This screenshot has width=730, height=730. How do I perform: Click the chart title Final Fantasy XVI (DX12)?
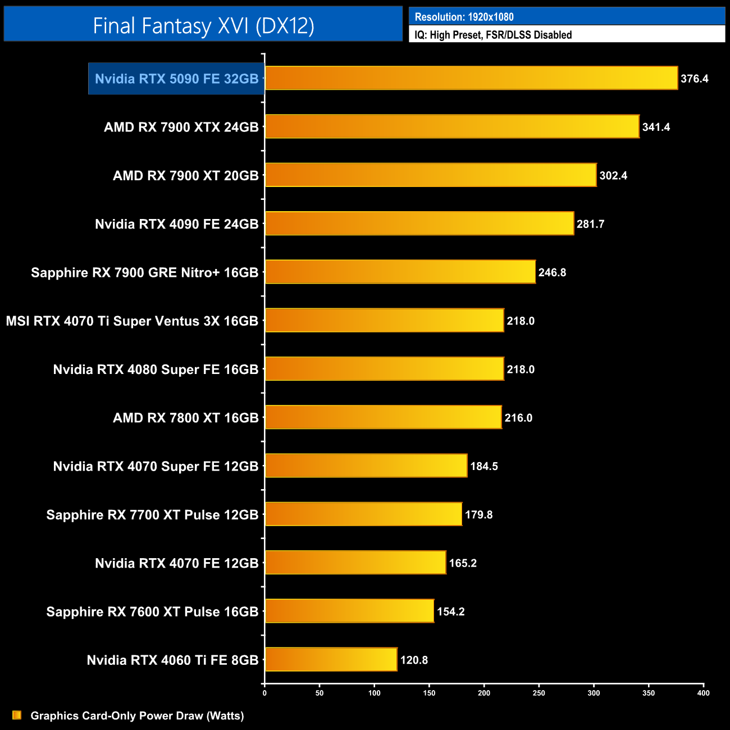tap(203, 25)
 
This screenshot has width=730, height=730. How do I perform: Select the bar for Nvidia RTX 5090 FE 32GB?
tap(471, 78)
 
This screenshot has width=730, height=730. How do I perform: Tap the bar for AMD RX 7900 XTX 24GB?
tap(452, 126)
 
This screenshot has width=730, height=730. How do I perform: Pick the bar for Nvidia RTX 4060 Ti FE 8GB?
tap(331, 659)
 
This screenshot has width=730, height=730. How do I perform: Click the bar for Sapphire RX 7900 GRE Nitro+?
tap(400, 272)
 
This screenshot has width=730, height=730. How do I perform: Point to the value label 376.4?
tap(694, 79)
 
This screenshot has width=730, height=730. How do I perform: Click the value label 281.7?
tap(590, 224)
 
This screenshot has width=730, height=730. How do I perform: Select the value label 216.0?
tap(518, 418)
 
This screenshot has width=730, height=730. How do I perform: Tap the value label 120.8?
tap(414, 660)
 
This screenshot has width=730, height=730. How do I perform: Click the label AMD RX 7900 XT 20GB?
tap(185, 176)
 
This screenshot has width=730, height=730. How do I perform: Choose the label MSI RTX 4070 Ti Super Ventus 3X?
tap(132, 321)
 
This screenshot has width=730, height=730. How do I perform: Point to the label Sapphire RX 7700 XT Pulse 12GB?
tap(152, 515)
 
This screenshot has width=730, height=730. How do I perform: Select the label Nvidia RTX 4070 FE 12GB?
tap(176, 563)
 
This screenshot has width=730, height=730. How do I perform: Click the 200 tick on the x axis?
tap(484, 693)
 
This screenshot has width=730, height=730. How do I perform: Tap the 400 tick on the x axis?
tap(703, 693)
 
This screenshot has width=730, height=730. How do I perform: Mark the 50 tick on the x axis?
tap(320, 693)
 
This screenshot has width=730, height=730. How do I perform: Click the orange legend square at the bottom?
tap(17, 715)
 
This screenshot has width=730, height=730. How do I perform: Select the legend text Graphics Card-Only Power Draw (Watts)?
tap(137, 715)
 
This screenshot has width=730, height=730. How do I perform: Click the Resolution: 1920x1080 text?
tap(464, 17)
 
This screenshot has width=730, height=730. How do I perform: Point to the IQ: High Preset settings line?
tap(492, 35)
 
